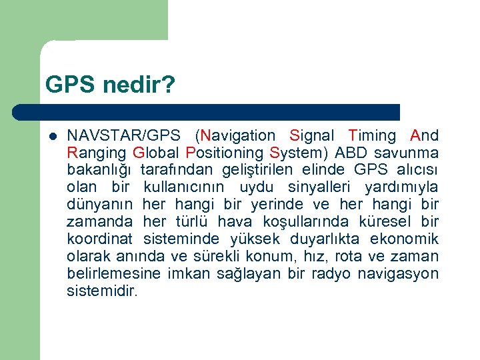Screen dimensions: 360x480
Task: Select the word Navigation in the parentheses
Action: [x=237, y=136]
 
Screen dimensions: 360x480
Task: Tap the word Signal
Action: [x=314, y=136]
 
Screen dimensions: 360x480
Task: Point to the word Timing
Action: [x=372, y=136]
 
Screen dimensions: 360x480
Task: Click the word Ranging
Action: [x=96, y=153]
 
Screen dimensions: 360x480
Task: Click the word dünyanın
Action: [x=100, y=205]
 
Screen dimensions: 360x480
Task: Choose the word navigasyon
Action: [x=398, y=274]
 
